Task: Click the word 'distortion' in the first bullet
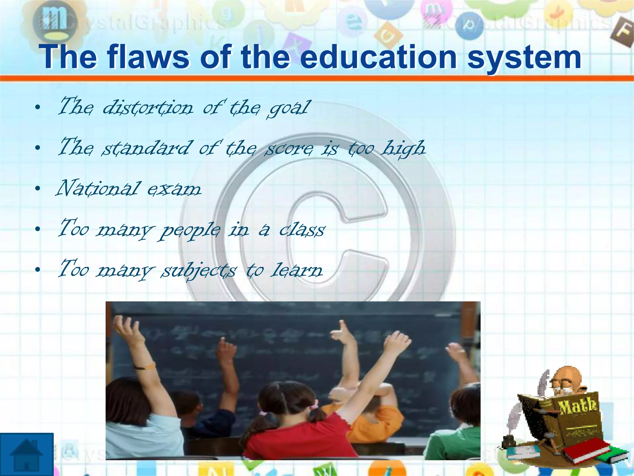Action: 148,108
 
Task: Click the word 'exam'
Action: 174,189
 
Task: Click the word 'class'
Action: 302,230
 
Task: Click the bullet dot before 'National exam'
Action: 38,189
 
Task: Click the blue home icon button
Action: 27,454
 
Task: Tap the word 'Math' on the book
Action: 577,406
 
